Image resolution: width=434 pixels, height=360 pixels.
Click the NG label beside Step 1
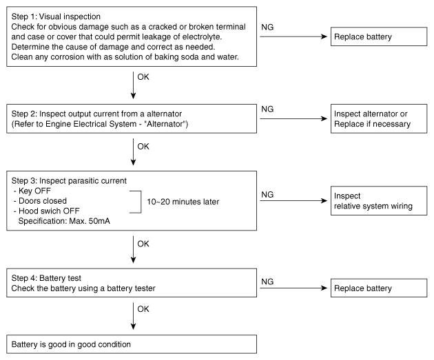(267, 27)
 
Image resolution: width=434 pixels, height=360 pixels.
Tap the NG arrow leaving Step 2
(293, 118)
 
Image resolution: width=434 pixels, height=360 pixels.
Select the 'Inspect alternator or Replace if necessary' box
(379, 118)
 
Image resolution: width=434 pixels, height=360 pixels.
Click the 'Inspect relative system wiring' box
(379, 200)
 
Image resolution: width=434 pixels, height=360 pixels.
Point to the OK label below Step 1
(143, 77)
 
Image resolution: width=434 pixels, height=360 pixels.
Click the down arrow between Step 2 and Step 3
(133, 152)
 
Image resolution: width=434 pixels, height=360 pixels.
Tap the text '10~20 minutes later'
(183, 202)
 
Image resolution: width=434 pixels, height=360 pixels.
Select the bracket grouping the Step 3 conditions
(141, 202)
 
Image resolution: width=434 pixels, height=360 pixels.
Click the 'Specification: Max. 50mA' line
(64, 221)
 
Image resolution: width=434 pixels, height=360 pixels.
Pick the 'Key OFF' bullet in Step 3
(32, 191)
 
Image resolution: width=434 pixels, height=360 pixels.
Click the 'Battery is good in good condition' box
(132, 344)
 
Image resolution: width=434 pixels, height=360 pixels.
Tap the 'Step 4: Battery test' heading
(46, 278)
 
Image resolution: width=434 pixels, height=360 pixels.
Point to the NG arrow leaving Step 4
(293, 288)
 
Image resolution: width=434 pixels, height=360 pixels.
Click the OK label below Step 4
(143, 309)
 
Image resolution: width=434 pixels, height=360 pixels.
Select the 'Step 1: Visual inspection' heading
(56, 17)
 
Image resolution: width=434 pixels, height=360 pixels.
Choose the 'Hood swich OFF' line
(47, 211)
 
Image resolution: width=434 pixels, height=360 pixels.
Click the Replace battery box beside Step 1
(379, 36)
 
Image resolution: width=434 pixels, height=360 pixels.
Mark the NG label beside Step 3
(267, 195)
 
